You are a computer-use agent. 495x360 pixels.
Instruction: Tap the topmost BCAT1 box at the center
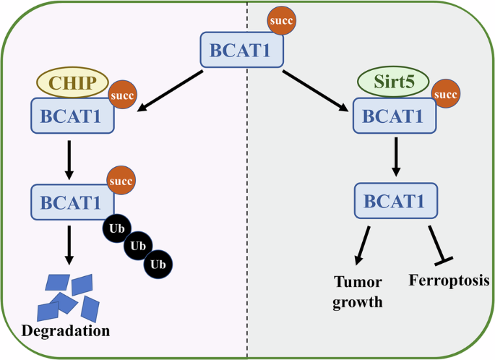(241, 51)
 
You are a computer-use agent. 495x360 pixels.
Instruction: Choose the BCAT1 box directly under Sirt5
(394, 115)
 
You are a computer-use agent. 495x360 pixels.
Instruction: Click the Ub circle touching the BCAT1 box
(116, 227)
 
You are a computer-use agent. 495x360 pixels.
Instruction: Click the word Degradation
(66, 332)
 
